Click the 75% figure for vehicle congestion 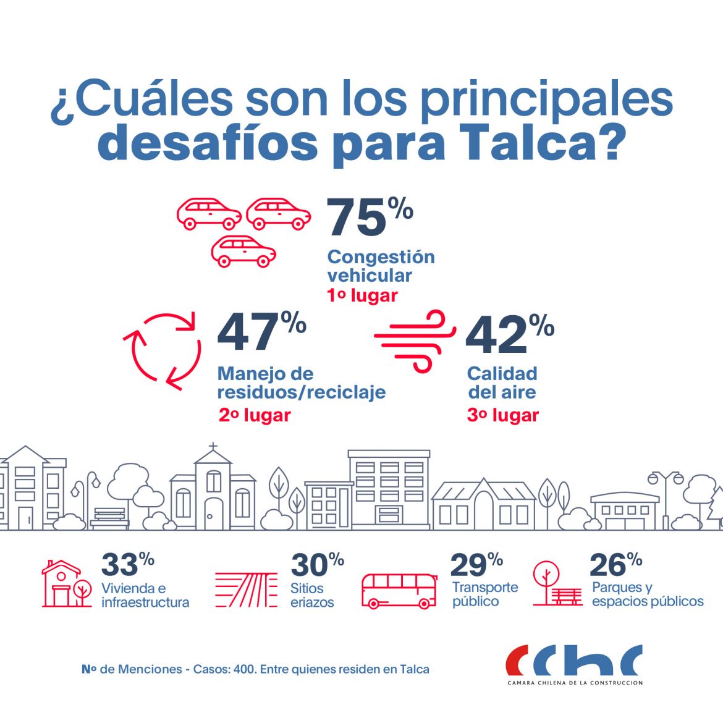(x=369, y=217)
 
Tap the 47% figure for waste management (x=261, y=332)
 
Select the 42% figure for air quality (x=509, y=334)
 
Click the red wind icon (x=416, y=340)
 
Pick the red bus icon (x=399, y=591)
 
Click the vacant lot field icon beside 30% (x=246, y=590)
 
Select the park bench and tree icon (x=556, y=584)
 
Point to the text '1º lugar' (x=362, y=295)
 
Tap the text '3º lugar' (x=502, y=415)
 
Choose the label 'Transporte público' (x=484, y=594)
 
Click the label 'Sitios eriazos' (x=312, y=595)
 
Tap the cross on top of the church (x=213, y=447)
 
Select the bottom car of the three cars (x=243, y=252)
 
